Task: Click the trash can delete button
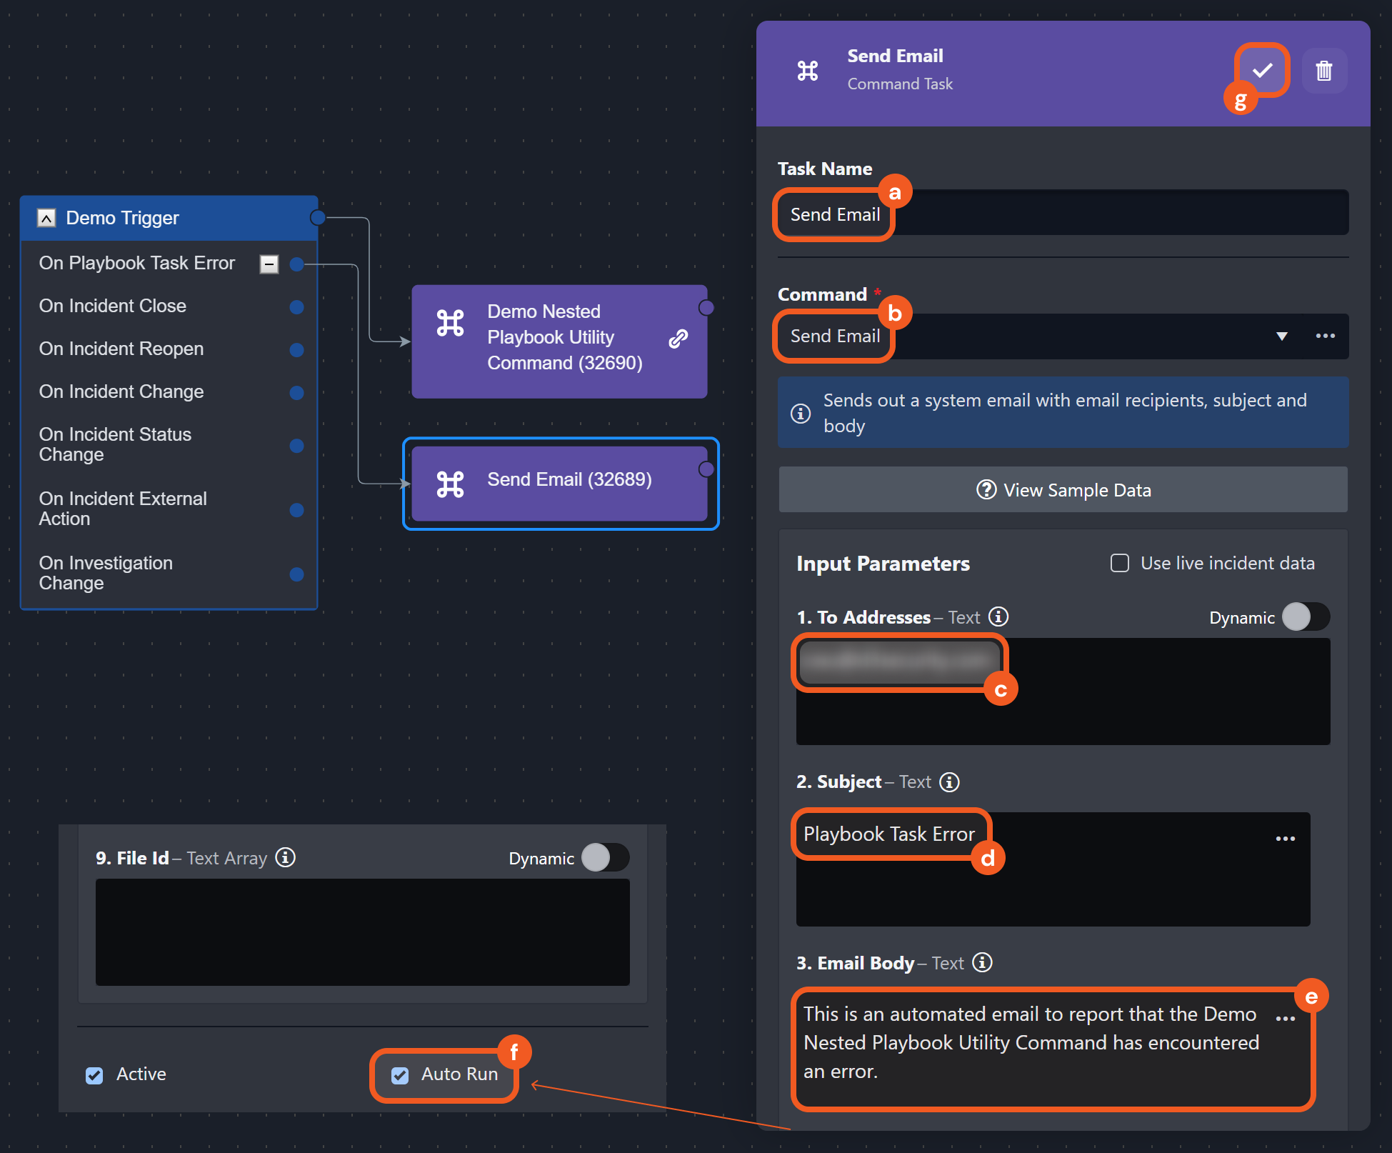[x=1324, y=71]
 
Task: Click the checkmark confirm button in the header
[x=1262, y=70]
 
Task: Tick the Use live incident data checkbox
[x=1120, y=564]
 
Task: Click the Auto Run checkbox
[x=400, y=1075]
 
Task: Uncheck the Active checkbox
[x=94, y=1075]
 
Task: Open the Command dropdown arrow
[x=1282, y=336]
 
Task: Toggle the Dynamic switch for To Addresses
[x=1305, y=617]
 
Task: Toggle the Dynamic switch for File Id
[x=604, y=858]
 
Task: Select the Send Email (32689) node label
[x=569, y=479]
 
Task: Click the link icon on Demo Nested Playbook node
[x=678, y=339]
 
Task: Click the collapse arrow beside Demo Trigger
[x=46, y=218]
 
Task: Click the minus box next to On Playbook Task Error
[x=269, y=264]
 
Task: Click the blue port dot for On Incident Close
[x=296, y=307]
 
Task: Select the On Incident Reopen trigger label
[x=121, y=349]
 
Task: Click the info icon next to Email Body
[x=983, y=963]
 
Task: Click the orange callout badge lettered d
[x=988, y=858]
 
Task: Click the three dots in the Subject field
[x=1285, y=839]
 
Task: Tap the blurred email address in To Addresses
[x=899, y=662]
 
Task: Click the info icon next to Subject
[x=949, y=782]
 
